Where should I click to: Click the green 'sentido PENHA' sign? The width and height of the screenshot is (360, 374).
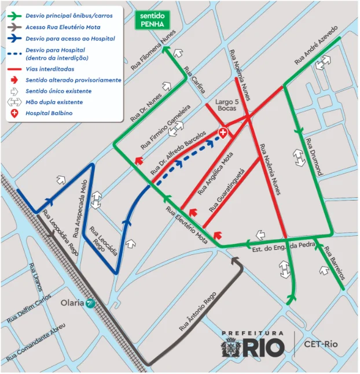(x=153, y=20)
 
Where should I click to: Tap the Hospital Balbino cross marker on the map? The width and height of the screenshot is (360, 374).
(x=223, y=134)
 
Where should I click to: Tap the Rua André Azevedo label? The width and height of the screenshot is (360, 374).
(x=315, y=45)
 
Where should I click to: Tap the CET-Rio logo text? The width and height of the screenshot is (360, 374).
(x=321, y=346)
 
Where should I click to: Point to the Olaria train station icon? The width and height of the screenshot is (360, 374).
(x=90, y=303)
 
